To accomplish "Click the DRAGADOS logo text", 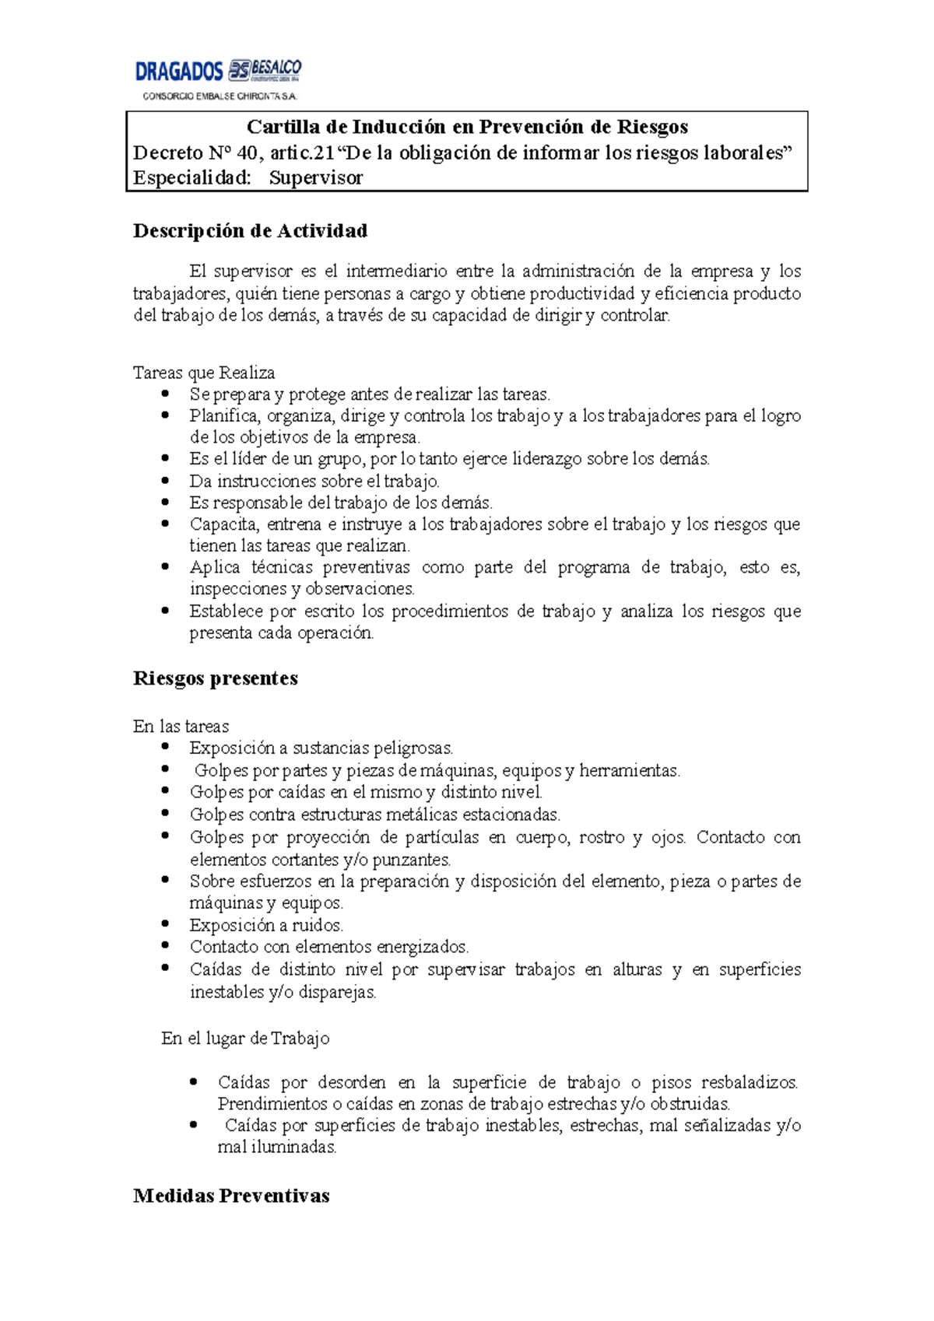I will (x=179, y=72).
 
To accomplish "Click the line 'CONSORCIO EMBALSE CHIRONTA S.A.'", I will (x=219, y=96).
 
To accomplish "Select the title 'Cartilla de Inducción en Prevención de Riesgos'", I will (x=467, y=127).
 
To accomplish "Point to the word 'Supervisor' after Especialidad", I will (x=316, y=178).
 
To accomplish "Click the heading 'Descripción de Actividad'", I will (x=250, y=231).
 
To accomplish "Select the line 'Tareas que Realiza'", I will (x=204, y=373).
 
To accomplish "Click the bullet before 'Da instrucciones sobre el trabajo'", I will (x=165, y=481).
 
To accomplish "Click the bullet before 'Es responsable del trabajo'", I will (x=165, y=503).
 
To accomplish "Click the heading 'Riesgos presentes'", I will (x=216, y=678).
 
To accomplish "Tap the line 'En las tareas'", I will (x=181, y=727).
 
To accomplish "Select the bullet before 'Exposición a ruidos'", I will (x=165, y=924).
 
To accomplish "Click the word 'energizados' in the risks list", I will (x=423, y=947).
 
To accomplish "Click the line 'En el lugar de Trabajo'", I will (x=245, y=1039).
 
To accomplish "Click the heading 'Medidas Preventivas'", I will (x=231, y=1196).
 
